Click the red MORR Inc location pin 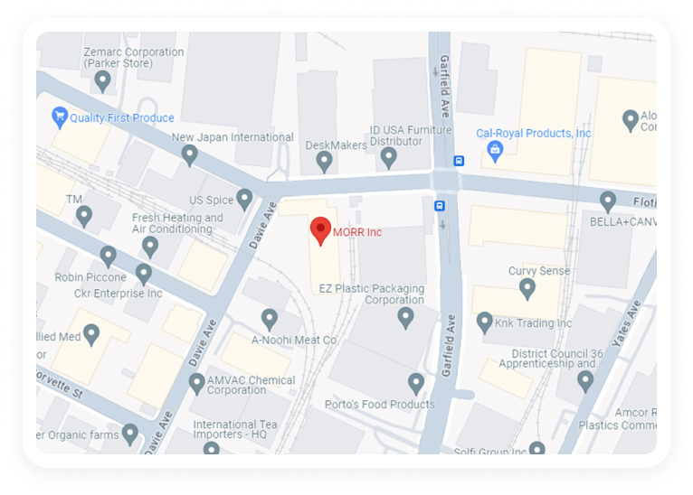coord(320,229)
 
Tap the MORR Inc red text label coord(357,232)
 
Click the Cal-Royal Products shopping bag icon coord(494,151)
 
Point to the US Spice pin coord(244,199)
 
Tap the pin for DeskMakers coord(324,161)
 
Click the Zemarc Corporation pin coord(103,80)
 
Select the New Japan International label coord(233,137)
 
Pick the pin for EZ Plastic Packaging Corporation coord(406,316)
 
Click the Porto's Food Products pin coord(416,383)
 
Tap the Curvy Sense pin coord(527,288)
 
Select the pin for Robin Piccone coord(109,257)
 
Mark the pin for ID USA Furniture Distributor coord(389,157)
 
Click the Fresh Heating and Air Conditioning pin coord(150,246)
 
